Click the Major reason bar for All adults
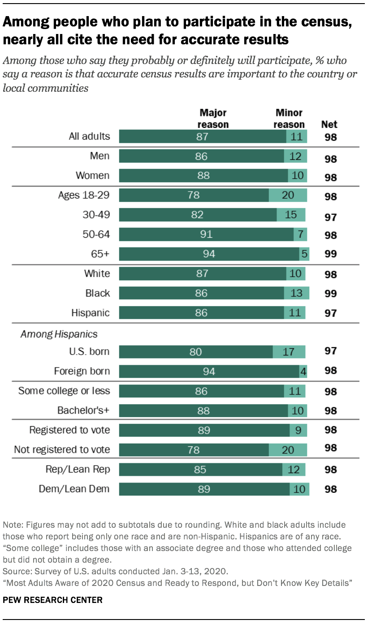click(203, 137)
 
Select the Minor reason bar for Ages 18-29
click(288, 195)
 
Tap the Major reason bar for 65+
click(209, 254)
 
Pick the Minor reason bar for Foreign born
click(303, 371)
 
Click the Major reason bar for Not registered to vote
click(194, 449)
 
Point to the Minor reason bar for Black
click(296, 293)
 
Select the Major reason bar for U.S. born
click(195, 351)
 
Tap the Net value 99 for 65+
click(330, 254)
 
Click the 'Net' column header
click(329, 124)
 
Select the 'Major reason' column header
click(213, 119)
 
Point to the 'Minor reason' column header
click(289, 119)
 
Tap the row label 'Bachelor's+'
click(83, 410)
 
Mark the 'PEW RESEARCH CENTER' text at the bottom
click(52, 600)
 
